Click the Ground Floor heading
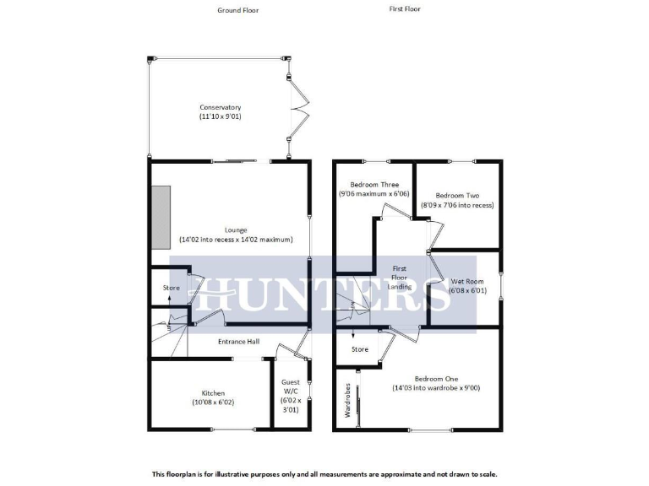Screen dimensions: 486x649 237,10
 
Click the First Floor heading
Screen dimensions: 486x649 404,9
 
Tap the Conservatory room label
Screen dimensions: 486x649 220,107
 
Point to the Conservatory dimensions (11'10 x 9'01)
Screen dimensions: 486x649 220,116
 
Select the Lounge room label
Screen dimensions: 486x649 236,229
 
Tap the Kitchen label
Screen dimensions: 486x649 212,393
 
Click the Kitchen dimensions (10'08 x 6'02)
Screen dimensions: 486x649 212,402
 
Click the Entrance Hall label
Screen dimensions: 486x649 238,342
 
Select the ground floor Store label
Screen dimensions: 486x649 172,289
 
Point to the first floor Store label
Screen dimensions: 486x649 360,348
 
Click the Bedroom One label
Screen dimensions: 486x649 435,379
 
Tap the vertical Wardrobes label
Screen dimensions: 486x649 347,401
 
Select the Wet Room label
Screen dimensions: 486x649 466,281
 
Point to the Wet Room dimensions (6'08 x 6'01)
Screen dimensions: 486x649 466,291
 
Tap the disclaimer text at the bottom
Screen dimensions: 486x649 324,474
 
